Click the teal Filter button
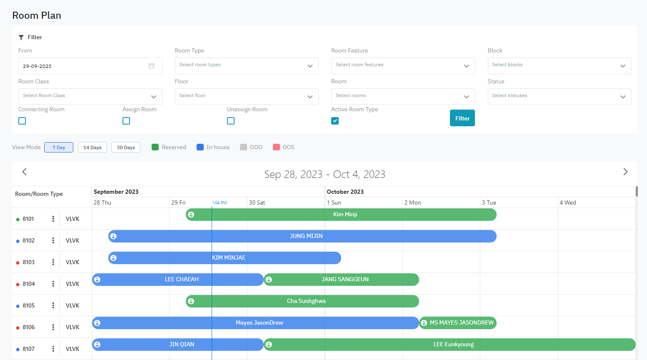pos(462,118)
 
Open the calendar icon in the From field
pos(152,66)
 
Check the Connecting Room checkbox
pos(22,121)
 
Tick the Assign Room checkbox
pos(126,121)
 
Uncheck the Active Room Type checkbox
pos(335,121)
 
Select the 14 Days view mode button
pos(92,147)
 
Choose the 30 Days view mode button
pos(126,147)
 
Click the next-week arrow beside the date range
pos(625,172)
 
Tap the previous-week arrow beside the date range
pos(25,172)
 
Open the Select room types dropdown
pos(246,66)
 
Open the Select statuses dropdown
pos(559,97)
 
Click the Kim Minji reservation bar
pos(345,215)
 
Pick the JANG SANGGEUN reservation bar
pos(345,280)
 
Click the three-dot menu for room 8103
pos(53,262)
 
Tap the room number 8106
pos(29,327)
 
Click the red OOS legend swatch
pos(276,147)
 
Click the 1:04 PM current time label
pos(219,203)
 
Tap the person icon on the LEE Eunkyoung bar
pos(269,345)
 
